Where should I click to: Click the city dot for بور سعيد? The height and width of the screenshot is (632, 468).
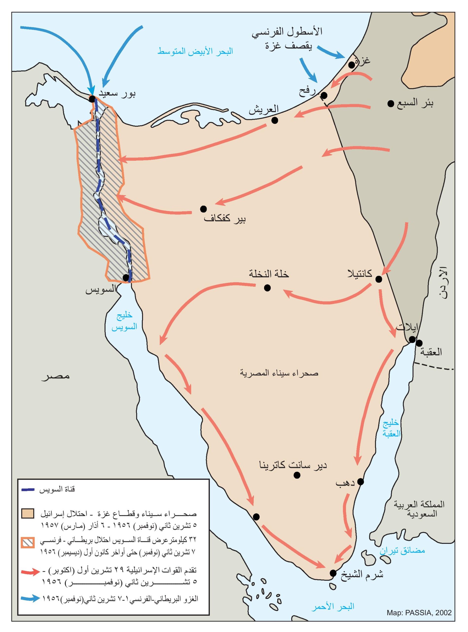pos(92,99)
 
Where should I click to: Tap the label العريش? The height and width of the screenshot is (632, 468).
pos(264,109)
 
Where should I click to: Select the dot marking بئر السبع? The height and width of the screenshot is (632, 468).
pos(391,104)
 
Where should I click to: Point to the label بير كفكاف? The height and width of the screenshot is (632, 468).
pos(225,219)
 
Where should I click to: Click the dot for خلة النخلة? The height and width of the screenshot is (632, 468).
pos(267,288)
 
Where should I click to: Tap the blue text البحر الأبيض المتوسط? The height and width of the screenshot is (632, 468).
pos(195,51)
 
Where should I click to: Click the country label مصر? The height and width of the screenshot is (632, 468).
pos(55,376)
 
